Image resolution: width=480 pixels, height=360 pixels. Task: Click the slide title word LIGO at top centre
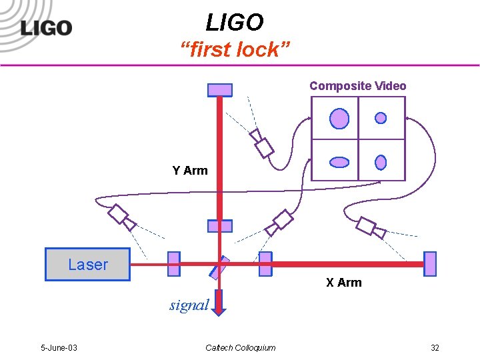click(235, 23)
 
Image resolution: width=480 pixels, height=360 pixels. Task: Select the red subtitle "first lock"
click(235, 49)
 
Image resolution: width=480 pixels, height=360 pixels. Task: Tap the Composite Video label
click(357, 86)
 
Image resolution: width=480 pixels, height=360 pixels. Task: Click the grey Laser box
click(87, 264)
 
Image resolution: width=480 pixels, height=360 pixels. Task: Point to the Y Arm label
click(190, 171)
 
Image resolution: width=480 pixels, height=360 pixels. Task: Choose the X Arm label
click(343, 283)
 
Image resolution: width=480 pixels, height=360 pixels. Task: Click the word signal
click(189, 305)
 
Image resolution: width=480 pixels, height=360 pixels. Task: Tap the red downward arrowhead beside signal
click(220, 307)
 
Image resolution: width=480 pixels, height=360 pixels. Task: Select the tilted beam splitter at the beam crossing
click(219, 267)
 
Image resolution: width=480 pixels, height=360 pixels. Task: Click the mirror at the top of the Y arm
click(220, 89)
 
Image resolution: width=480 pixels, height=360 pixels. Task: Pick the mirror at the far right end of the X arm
click(430, 264)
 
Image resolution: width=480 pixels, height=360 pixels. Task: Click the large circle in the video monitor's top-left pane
click(339, 119)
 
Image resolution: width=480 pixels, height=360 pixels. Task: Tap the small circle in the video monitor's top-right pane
click(381, 118)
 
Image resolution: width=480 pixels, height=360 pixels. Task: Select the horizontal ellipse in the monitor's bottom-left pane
click(340, 162)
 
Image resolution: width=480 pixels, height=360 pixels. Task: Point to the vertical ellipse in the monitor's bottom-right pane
click(381, 162)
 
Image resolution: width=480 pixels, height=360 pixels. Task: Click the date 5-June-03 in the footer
click(59, 348)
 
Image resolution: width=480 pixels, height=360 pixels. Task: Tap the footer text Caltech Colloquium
click(240, 348)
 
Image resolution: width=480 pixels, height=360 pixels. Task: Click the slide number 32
click(435, 348)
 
